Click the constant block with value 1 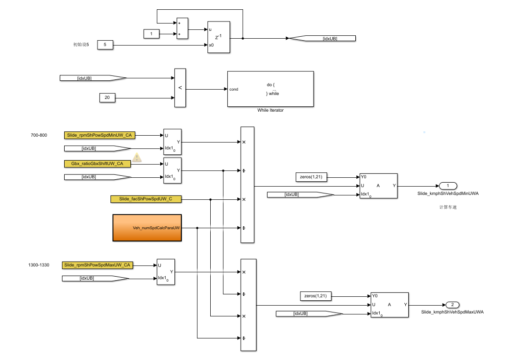(151, 34)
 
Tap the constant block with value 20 (107, 98)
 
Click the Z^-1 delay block (219, 36)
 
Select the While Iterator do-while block (270, 89)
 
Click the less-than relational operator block (180, 88)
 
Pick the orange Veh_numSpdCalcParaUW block (147, 228)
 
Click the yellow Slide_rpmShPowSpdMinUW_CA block (99, 135)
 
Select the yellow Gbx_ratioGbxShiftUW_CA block (98, 164)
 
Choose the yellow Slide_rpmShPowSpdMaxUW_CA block (98, 265)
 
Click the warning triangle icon (137, 157)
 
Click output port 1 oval (448, 186)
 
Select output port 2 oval (451, 304)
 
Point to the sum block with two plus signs (182, 28)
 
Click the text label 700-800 (39, 135)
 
